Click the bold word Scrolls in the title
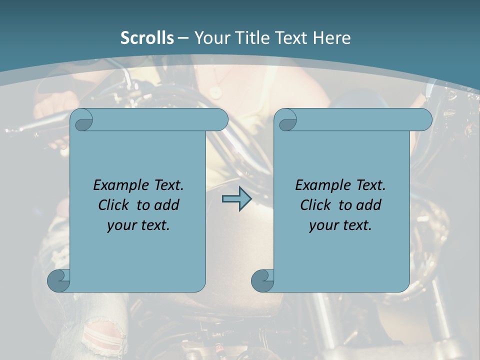(147, 38)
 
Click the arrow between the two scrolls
(236, 199)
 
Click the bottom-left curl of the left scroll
(58, 281)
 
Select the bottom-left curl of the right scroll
(262, 281)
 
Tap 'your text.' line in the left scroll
(138, 225)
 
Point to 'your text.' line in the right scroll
(340, 225)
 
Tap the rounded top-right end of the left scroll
(219, 120)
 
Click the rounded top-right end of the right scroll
(423, 120)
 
